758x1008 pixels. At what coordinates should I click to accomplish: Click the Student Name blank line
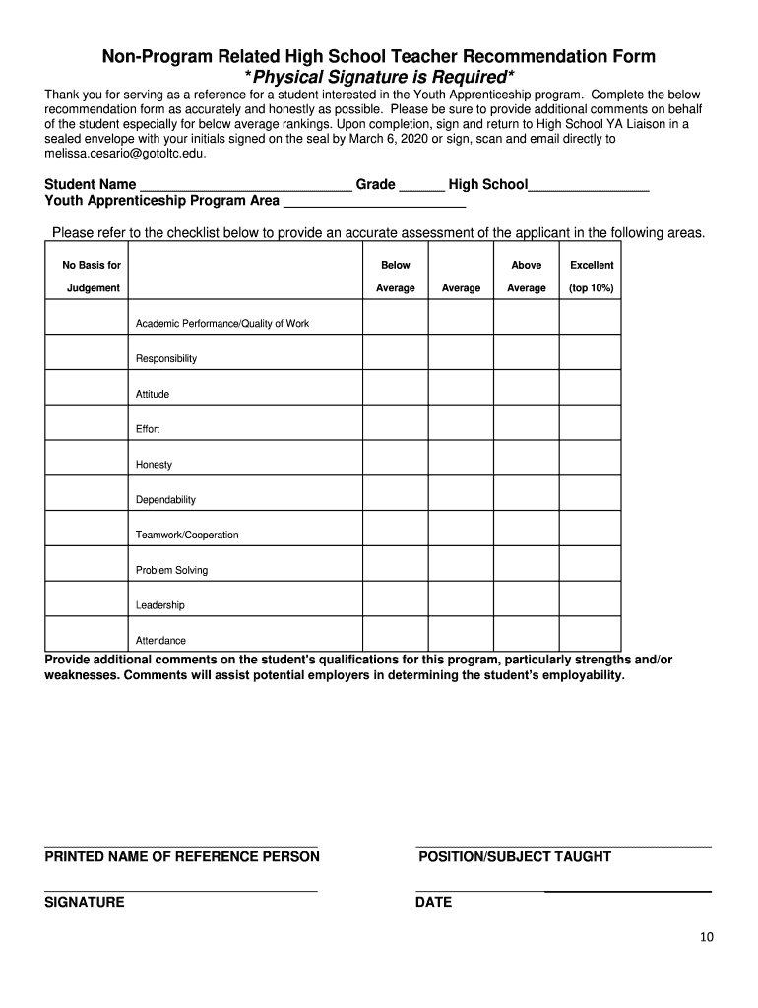(245, 186)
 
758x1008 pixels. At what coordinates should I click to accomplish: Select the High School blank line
(589, 186)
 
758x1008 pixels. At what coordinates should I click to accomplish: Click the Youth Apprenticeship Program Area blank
(373, 204)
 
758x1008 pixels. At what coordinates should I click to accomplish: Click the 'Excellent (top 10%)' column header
(592, 277)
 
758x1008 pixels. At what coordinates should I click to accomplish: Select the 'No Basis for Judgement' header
(92, 277)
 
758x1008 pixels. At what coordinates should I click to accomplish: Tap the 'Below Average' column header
(396, 277)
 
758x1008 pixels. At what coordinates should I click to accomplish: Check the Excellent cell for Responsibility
(591, 352)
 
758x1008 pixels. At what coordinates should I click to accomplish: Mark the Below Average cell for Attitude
(396, 388)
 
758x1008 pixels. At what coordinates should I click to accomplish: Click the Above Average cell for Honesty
(526, 458)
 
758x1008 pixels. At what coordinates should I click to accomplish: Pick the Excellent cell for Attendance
(591, 634)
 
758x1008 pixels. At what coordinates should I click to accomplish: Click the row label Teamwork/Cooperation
(187, 535)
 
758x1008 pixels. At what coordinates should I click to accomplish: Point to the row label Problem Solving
(171, 571)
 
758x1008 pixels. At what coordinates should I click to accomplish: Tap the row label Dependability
(165, 500)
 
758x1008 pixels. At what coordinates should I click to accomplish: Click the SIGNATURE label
(85, 903)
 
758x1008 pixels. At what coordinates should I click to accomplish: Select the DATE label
(434, 903)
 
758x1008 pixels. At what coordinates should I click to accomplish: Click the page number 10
(707, 937)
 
